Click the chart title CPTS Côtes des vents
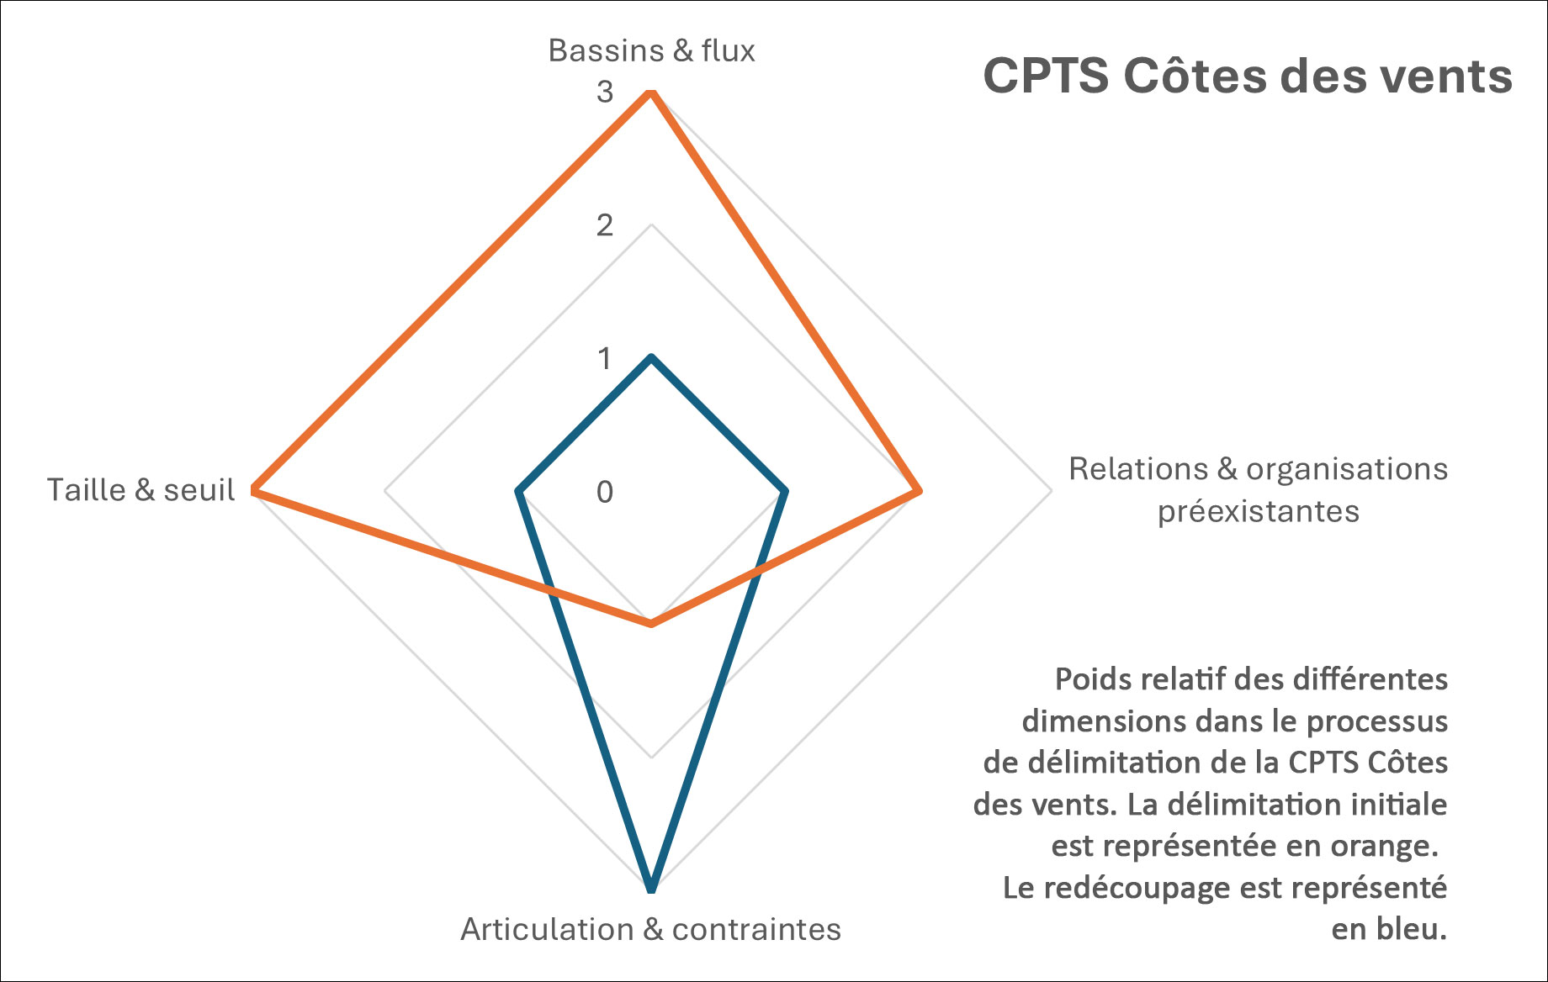pyautogui.click(x=1247, y=77)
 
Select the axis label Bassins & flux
pyautogui.click(x=651, y=51)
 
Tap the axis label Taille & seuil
pyautogui.click(x=140, y=490)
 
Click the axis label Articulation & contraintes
pyautogui.click(x=650, y=930)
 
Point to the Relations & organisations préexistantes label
pyautogui.click(x=1258, y=490)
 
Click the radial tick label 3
pyautogui.click(x=605, y=92)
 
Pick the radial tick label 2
pyautogui.click(x=605, y=225)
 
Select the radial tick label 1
pyautogui.click(x=605, y=359)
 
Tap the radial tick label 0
pyautogui.click(x=605, y=492)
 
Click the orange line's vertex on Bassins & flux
pyautogui.click(x=650, y=92)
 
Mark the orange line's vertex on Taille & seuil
pyautogui.click(x=253, y=490)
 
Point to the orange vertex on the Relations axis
pyautogui.click(x=919, y=490)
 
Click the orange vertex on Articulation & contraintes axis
pyautogui.click(x=650, y=624)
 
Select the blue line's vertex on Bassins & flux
pyautogui.click(x=650, y=357)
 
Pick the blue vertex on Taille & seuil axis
pyautogui.click(x=518, y=490)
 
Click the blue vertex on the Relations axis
pyautogui.click(x=785, y=490)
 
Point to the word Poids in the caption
pyautogui.click(x=1086, y=679)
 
